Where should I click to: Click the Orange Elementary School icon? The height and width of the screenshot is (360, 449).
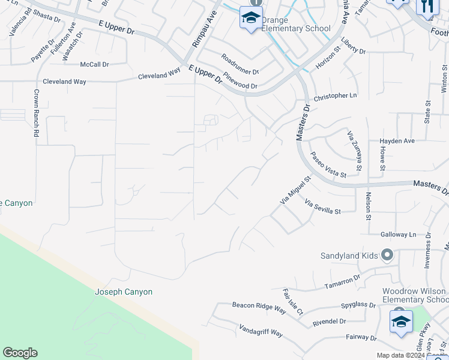point(251,19)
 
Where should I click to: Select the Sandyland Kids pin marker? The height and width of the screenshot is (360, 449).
point(387,256)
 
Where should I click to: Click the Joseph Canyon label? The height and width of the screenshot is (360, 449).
point(124,292)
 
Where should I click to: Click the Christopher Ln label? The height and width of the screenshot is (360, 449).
point(335,96)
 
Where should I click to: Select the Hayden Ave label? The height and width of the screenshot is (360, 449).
point(397,141)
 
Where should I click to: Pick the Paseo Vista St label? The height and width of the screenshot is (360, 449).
point(328,164)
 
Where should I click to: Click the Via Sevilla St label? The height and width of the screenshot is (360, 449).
point(322,207)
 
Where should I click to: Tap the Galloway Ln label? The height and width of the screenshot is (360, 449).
point(398,235)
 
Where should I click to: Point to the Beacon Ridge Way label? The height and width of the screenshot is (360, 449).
point(259,307)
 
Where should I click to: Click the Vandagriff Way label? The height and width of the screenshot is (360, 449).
point(261,329)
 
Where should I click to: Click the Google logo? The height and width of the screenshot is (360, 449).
point(20,353)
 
